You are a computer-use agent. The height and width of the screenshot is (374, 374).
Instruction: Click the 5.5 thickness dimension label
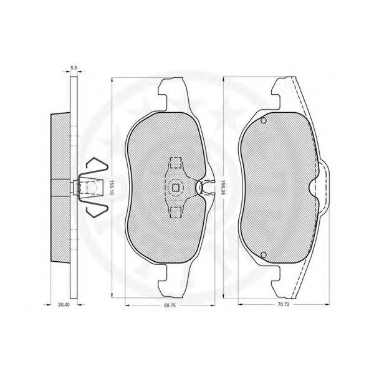tap(74, 68)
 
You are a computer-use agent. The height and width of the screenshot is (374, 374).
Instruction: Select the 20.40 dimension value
tap(64, 305)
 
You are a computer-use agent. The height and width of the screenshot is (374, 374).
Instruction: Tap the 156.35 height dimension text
tap(223, 188)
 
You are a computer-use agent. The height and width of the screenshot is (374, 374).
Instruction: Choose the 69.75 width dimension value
tap(170, 305)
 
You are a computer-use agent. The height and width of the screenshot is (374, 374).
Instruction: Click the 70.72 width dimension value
tap(284, 305)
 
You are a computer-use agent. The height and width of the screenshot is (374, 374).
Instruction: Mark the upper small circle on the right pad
tap(264, 121)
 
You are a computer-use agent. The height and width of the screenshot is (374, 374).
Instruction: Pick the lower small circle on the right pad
tap(264, 255)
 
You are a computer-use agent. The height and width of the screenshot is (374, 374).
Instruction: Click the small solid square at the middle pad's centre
tap(176, 188)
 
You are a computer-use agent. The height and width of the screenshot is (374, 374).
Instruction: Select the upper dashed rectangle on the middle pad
tap(175, 163)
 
